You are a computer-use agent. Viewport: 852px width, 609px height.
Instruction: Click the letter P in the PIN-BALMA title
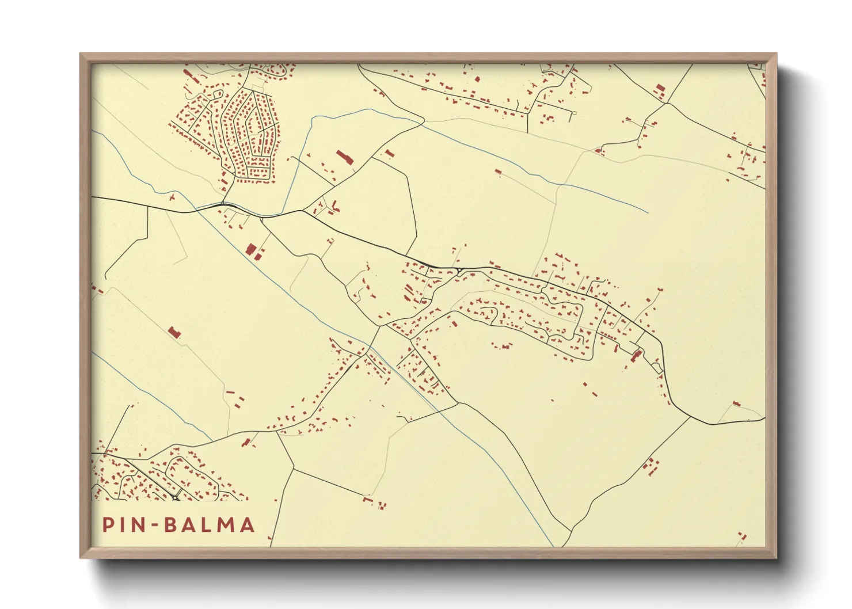(x=108, y=525)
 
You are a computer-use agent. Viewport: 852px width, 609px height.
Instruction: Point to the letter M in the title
(x=225, y=525)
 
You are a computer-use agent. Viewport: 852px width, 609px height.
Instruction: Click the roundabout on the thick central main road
(x=459, y=269)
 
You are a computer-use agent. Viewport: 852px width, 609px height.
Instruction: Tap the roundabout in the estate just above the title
(x=174, y=497)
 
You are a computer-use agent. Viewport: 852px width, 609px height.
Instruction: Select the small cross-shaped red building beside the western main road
(x=172, y=197)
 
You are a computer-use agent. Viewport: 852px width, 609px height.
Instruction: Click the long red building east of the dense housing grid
(x=344, y=158)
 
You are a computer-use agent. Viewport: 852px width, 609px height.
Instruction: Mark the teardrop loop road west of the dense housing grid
(x=218, y=93)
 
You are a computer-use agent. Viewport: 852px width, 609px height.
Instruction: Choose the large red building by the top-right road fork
(x=660, y=89)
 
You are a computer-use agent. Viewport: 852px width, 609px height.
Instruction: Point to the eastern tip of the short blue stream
(x=648, y=212)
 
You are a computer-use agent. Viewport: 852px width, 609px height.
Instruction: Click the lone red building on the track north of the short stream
(x=499, y=171)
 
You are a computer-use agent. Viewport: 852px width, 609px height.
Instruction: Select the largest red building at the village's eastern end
(x=636, y=356)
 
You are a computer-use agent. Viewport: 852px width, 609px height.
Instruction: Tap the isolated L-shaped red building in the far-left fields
(x=173, y=332)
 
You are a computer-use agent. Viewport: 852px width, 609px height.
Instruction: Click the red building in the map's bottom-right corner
(x=742, y=537)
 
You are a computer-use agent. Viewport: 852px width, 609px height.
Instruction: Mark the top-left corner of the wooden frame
(x=81, y=54)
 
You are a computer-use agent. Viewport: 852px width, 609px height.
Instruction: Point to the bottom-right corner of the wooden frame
(x=776, y=557)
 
